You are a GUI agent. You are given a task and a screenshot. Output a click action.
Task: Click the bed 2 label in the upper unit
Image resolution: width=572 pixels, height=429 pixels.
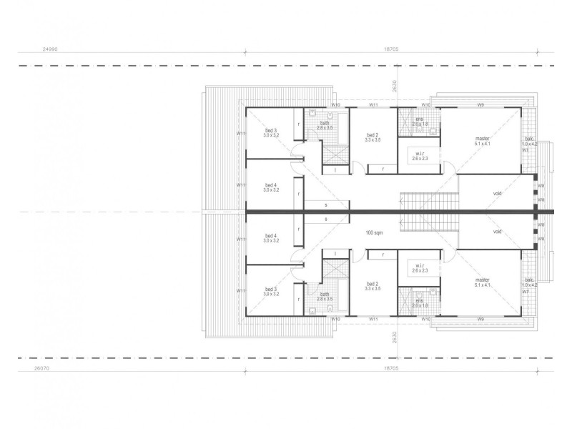click(x=373, y=135)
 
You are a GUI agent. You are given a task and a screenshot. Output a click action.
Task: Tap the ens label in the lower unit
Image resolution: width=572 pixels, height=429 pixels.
click(x=419, y=301)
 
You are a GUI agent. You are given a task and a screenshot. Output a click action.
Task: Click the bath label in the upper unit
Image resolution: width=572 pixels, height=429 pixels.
click(x=325, y=122)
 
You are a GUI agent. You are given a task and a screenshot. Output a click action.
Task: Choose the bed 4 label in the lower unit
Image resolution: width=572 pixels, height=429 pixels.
click(x=270, y=236)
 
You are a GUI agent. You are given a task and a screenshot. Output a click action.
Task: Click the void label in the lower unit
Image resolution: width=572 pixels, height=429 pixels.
click(x=497, y=232)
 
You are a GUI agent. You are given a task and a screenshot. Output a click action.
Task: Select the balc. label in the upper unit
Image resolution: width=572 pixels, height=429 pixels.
click(x=530, y=139)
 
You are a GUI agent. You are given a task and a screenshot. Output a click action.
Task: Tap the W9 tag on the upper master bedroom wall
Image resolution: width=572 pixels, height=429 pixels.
click(x=480, y=105)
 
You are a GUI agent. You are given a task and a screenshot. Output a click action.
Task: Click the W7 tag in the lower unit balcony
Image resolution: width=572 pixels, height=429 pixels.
click(x=526, y=292)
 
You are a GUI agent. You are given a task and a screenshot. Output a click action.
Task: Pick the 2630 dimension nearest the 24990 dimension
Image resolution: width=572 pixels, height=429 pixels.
click(x=394, y=87)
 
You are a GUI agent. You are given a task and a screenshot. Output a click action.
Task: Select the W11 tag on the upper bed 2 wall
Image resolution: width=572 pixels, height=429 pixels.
click(x=373, y=105)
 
